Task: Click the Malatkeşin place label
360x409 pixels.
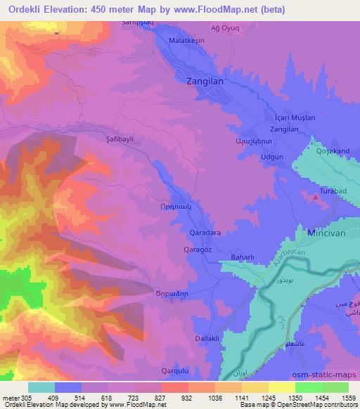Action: tap(186, 41)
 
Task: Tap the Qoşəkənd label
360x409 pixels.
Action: tap(333, 151)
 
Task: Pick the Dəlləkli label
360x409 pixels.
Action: tap(207, 339)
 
